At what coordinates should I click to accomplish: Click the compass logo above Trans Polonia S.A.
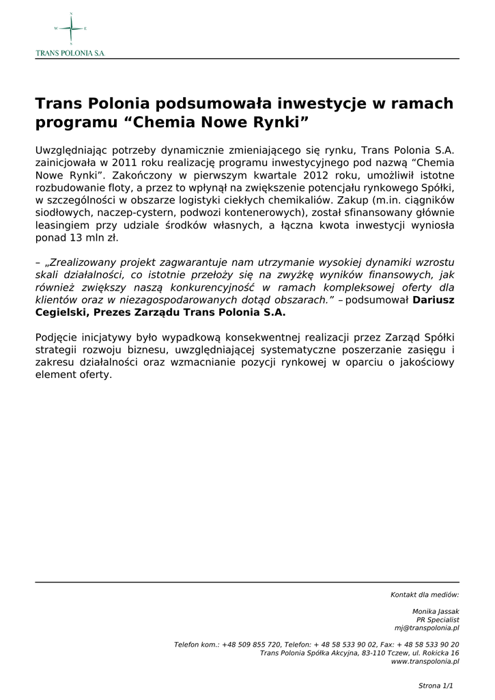[70, 28]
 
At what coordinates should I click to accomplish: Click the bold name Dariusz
[434, 299]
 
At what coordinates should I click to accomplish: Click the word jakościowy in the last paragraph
[427, 362]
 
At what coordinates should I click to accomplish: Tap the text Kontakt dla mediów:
[425, 595]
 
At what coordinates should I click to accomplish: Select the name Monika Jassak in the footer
[436, 611]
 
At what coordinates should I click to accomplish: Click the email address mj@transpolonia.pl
[427, 628]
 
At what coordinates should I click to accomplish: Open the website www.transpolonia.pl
[425, 661]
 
